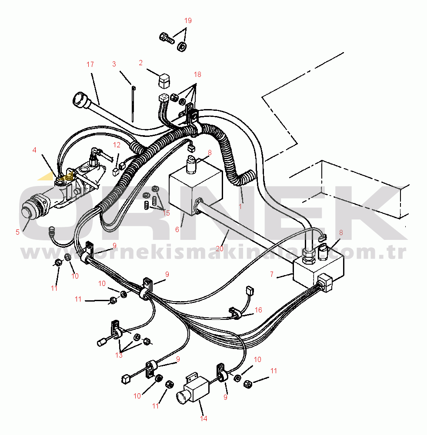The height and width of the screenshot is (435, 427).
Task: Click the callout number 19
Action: click(187, 21)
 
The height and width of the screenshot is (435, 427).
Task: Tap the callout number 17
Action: click(90, 65)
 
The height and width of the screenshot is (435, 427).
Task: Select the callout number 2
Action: click(140, 63)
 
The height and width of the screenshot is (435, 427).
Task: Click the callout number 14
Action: click(203, 418)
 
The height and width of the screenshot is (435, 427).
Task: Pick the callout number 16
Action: click(259, 310)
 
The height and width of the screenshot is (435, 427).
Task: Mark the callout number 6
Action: click(177, 229)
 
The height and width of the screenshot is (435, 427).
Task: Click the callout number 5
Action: click(17, 232)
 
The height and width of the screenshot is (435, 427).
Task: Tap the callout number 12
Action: click(117, 145)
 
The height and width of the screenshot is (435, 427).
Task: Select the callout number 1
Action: click(240, 206)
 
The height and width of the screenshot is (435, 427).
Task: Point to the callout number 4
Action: click(34, 150)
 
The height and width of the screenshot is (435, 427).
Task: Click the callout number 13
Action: click(119, 355)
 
